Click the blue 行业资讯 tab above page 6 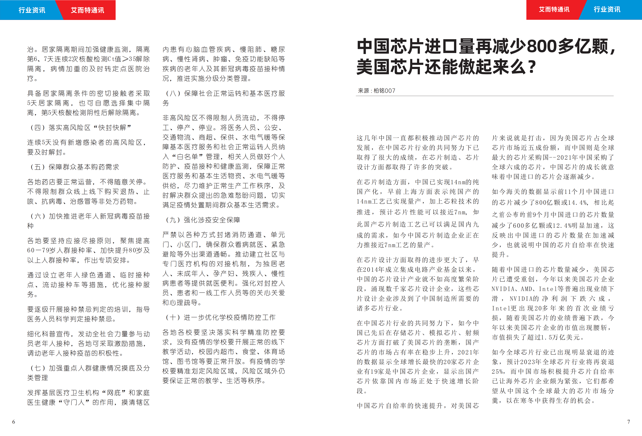coord(32,10)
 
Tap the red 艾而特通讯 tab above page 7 coord(554,10)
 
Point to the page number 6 coord(14,422)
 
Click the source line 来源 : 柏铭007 coord(377,91)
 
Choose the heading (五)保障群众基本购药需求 coord(75,167)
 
